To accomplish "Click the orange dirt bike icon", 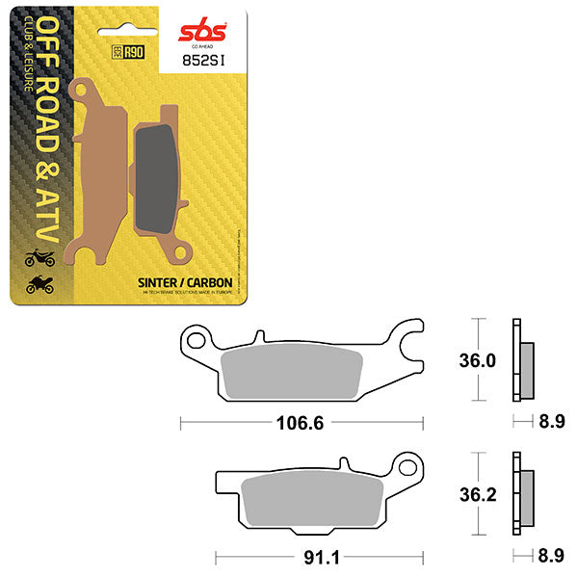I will coord(37,257).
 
